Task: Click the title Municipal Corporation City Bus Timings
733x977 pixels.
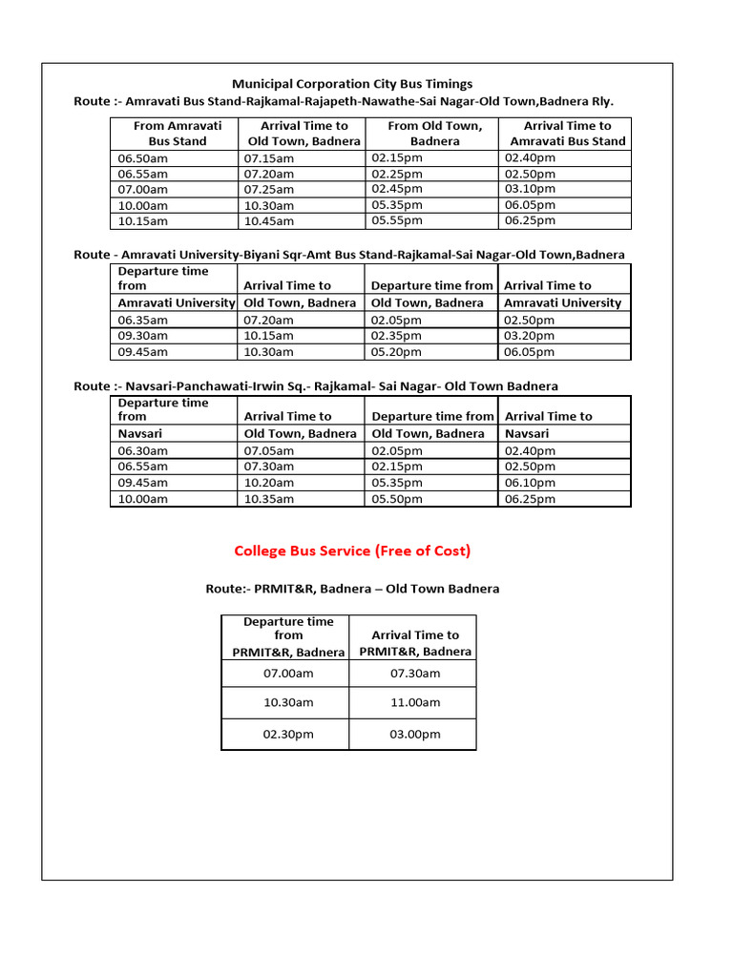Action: tap(353, 84)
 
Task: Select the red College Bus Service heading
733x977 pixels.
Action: tap(352, 551)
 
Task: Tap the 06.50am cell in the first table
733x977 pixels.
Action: tap(143, 157)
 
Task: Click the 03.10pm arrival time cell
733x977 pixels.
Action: tap(530, 189)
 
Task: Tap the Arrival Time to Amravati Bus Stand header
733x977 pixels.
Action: tap(567, 134)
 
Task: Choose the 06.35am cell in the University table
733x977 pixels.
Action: tap(143, 321)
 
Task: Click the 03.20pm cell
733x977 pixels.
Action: tap(530, 336)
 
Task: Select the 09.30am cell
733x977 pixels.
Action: tap(143, 336)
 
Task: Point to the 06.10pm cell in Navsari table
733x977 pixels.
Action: tap(530, 483)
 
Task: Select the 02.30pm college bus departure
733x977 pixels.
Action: tap(287, 735)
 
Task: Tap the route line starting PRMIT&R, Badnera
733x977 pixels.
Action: tap(352, 589)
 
